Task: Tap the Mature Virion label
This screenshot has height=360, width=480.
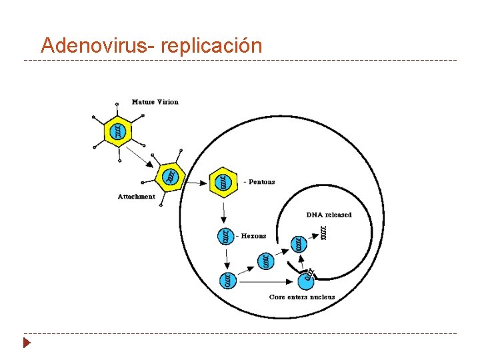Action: pyautogui.click(x=155, y=102)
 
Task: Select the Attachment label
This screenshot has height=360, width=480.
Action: pyautogui.click(x=136, y=196)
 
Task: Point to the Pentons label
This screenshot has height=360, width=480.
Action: pyautogui.click(x=260, y=182)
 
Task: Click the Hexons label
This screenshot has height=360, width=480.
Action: pyautogui.click(x=253, y=235)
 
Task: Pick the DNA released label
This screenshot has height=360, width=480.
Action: pyautogui.click(x=329, y=215)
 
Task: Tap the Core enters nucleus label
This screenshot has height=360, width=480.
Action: pyautogui.click(x=302, y=297)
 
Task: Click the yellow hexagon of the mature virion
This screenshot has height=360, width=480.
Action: pyautogui.click(x=118, y=131)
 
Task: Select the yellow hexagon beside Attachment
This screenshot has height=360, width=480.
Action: pyautogui.click(x=169, y=177)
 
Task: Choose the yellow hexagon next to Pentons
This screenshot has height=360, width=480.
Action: pyautogui.click(x=224, y=181)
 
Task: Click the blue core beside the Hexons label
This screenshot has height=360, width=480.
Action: pyautogui.click(x=227, y=235)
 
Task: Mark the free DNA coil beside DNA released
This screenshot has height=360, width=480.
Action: pyautogui.click(x=324, y=233)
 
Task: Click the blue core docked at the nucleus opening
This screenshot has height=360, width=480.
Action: pyautogui.click(x=309, y=273)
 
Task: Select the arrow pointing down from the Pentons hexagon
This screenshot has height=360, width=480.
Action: pyautogui.click(x=224, y=212)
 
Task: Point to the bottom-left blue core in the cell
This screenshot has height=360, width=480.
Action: pyautogui.click(x=227, y=281)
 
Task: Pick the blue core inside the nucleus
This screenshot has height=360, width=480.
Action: pyautogui.click(x=300, y=244)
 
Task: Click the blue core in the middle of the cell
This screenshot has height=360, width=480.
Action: pyautogui.click(x=265, y=261)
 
